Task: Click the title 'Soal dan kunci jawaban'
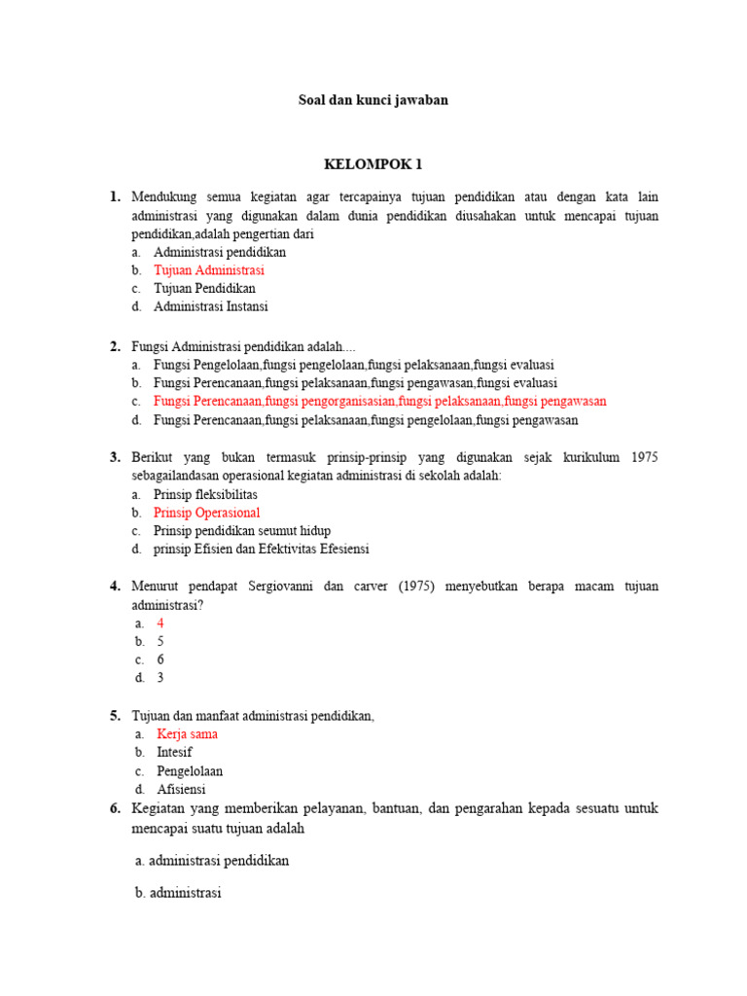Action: pos(373,100)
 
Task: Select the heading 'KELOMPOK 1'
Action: pos(373,164)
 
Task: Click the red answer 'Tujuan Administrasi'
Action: pos(208,270)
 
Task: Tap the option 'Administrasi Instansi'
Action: pos(210,306)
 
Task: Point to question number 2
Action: pos(115,347)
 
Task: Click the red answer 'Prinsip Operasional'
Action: pos(206,513)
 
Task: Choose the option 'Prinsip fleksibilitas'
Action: pos(205,494)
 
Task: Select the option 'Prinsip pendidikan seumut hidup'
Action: pos(242,531)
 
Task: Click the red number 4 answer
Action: pos(160,623)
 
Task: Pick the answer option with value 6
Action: pos(160,659)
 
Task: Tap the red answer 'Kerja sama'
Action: pos(187,734)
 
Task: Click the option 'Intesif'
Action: pos(174,753)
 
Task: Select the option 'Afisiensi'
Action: pos(181,790)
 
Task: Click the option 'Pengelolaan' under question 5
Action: pos(190,771)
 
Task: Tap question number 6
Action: pos(115,809)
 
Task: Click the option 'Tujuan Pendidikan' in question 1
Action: pos(204,289)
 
